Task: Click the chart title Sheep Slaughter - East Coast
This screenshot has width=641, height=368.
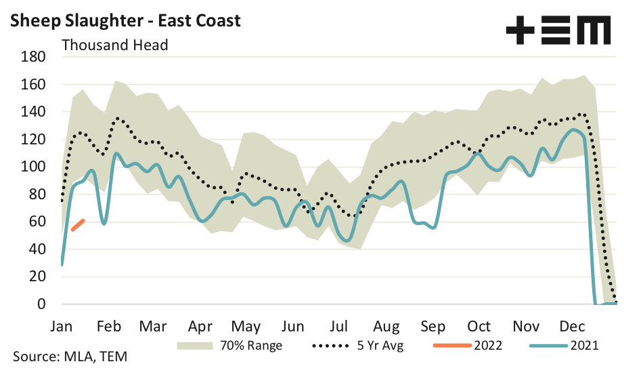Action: click(x=125, y=21)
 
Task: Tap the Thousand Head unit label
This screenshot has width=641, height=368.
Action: click(x=115, y=45)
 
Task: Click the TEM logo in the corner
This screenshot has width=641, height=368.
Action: click(x=558, y=30)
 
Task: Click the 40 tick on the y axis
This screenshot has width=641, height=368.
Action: click(x=38, y=249)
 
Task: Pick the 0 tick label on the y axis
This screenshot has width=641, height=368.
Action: click(x=41, y=304)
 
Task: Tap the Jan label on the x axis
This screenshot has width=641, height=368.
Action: click(x=62, y=326)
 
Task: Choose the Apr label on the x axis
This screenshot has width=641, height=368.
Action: click(x=201, y=326)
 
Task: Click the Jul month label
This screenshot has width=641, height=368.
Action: click(x=340, y=326)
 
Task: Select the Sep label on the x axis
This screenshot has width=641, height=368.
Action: click(x=433, y=326)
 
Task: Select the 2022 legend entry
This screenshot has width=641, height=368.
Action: click(x=466, y=345)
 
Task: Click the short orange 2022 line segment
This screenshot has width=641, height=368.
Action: click(x=77, y=225)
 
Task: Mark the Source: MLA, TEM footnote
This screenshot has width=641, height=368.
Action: click(x=70, y=356)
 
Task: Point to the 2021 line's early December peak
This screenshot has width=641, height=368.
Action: click(x=573, y=129)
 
